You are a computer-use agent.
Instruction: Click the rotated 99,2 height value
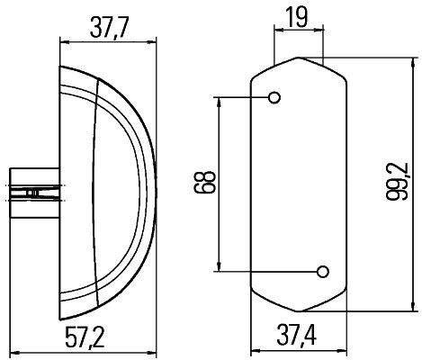coord(401,183)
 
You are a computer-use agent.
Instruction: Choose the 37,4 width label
coord(298,337)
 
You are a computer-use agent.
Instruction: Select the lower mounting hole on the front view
coord(322,270)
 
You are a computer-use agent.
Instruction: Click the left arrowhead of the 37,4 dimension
coord(255,352)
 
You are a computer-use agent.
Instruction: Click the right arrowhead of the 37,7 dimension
coord(152,39)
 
